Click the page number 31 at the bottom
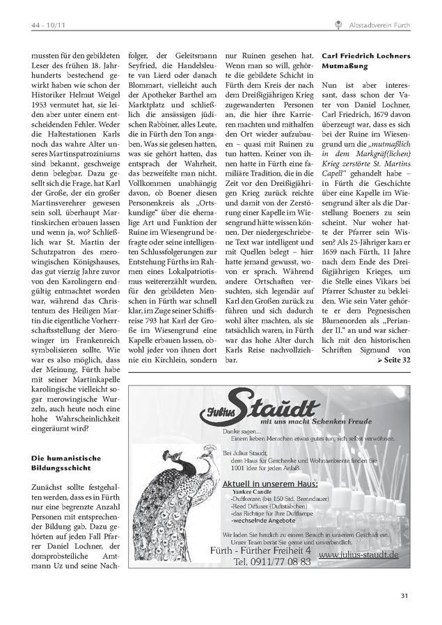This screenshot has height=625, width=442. (405, 594)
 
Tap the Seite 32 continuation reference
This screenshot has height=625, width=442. (393, 360)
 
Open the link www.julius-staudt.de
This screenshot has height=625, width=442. (358, 555)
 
